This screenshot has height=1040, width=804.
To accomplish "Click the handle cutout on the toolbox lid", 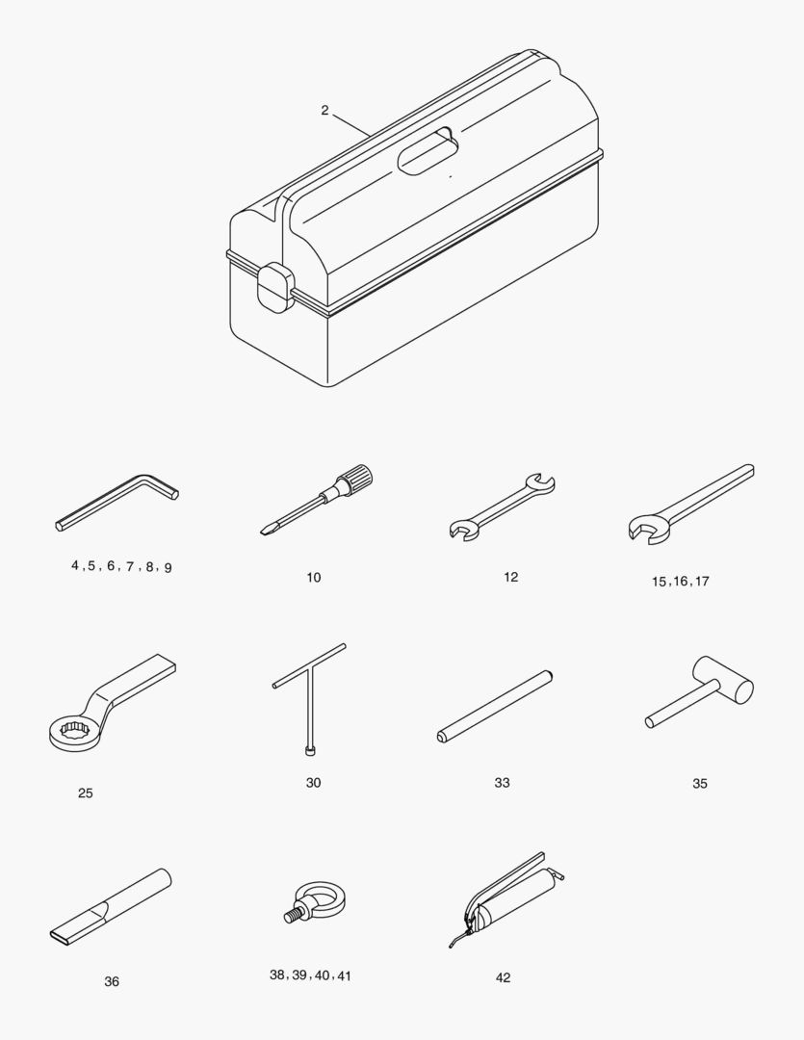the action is (428, 152).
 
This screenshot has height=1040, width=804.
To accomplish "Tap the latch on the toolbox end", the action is (275, 287).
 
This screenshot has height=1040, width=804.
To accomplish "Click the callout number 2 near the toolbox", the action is (324, 111).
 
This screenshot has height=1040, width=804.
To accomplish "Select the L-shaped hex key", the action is (117, 502).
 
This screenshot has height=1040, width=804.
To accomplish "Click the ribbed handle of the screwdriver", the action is (354, 479).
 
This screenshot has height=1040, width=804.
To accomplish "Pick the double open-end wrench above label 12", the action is (503, 507).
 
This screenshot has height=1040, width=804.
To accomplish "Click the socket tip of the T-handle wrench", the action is (309, 750).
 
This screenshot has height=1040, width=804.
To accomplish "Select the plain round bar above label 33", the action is (495, 707).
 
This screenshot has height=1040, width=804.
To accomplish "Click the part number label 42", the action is (503, 977).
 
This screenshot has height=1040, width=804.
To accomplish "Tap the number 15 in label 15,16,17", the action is (659, 582).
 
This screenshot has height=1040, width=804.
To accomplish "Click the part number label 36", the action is (112, 981).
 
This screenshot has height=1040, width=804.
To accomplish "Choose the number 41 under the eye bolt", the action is (344, 975).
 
